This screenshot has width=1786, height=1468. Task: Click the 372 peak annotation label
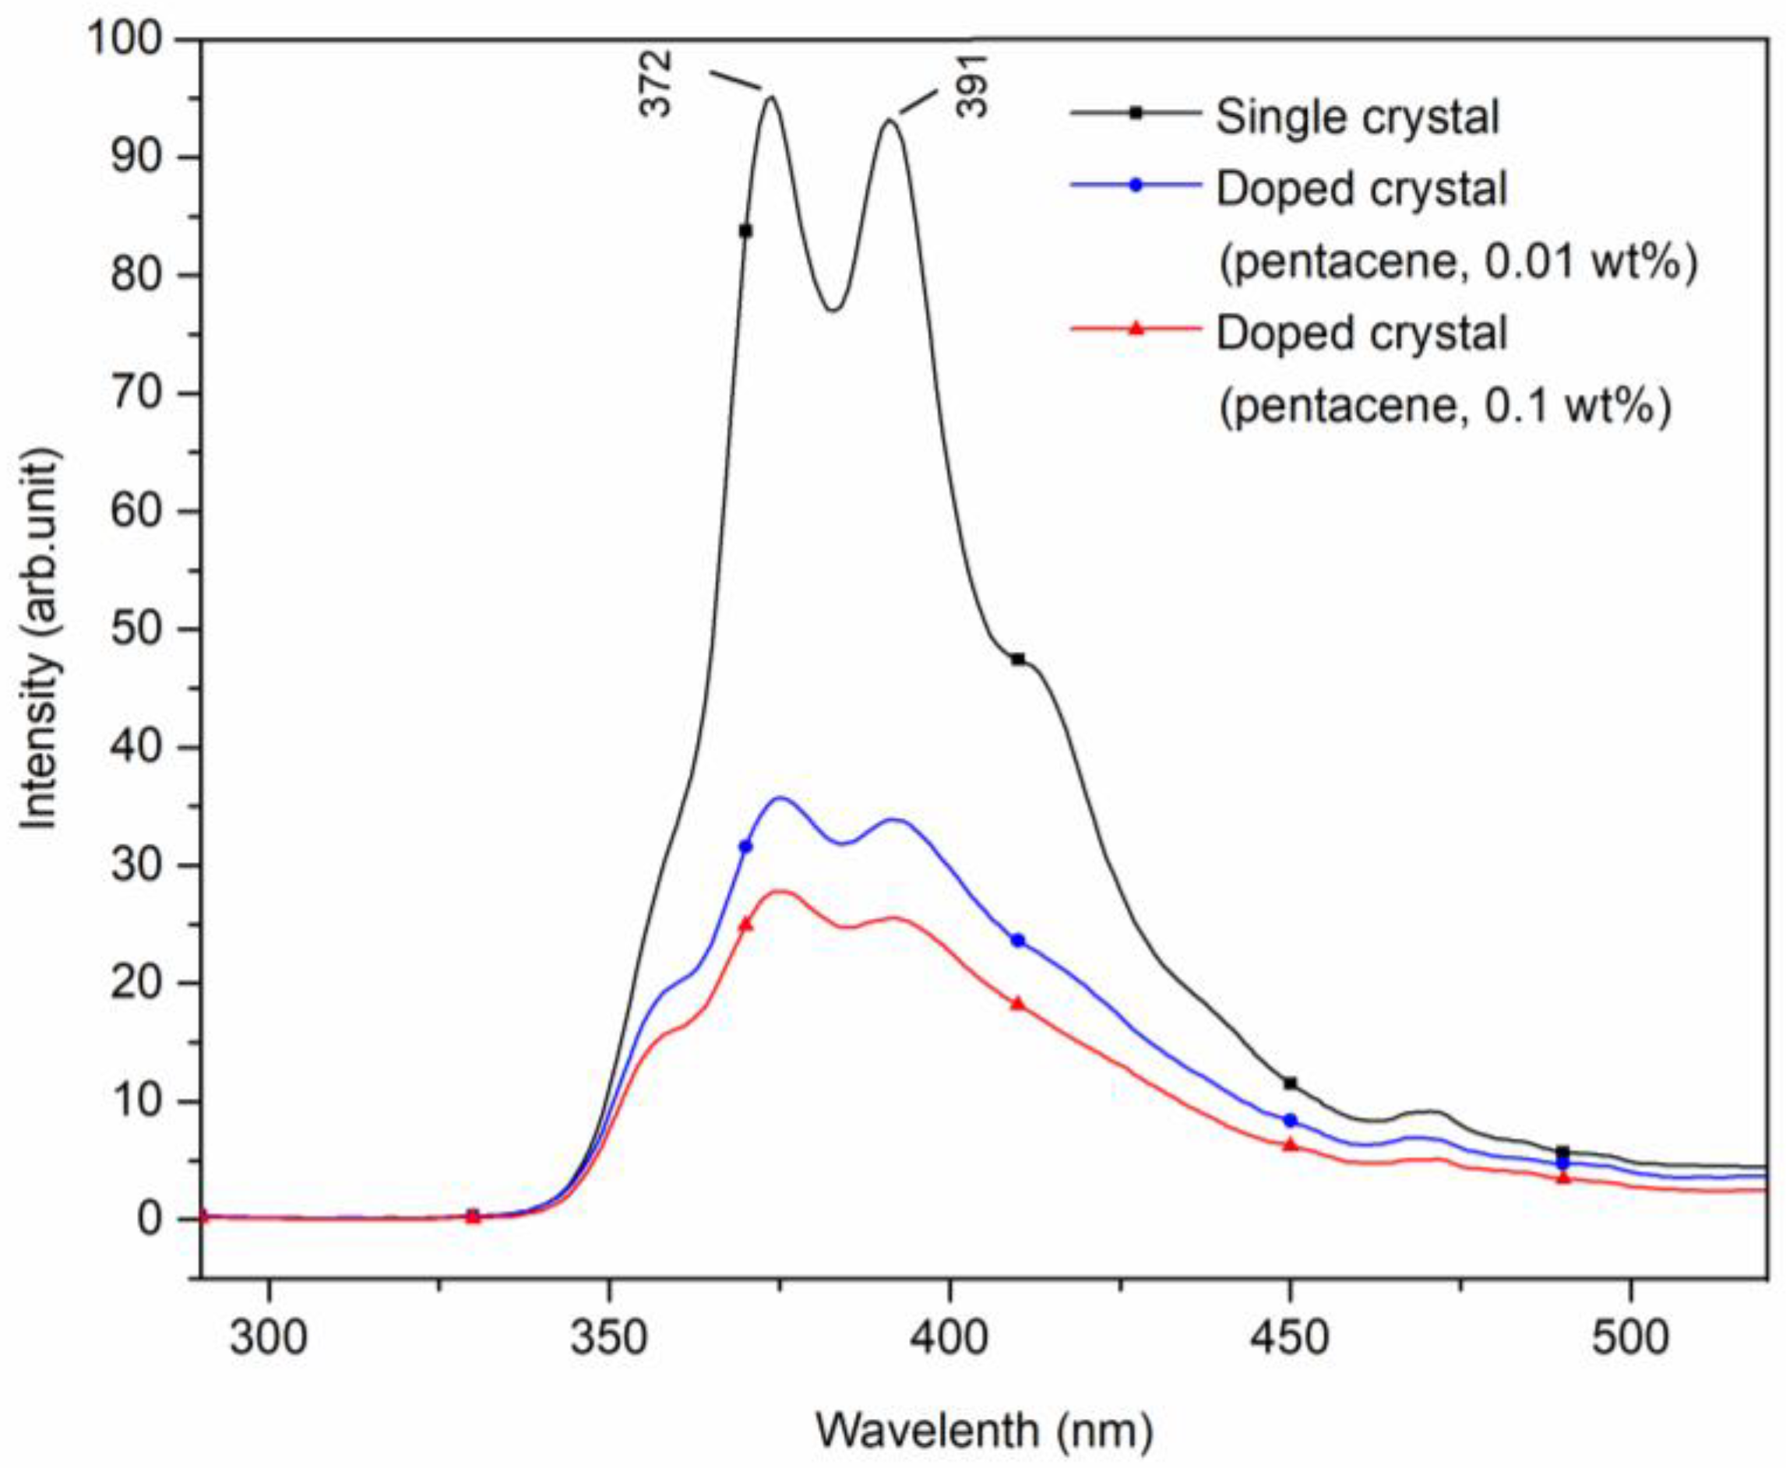coord(657,83)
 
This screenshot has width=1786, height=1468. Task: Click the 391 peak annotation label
coord(973,86)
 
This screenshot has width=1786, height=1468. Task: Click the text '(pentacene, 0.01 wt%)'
coord(1457,263)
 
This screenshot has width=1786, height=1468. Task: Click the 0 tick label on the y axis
coord(149,1219)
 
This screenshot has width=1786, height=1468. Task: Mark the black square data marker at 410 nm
coord(1018,659)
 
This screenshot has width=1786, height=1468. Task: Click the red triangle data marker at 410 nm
coord(1018,1004)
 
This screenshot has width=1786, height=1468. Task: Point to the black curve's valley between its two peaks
coord(833,309)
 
